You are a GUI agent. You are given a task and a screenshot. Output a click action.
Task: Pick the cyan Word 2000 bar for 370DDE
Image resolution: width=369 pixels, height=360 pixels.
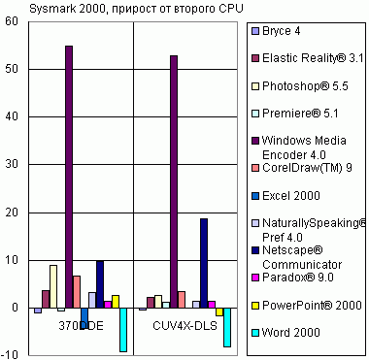click(123, 329)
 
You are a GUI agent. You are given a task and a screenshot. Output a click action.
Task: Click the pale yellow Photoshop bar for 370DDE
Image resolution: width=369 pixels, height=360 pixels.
click(53, 287)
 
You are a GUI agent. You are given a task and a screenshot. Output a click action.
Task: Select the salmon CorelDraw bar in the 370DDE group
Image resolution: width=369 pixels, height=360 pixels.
click(77, 292)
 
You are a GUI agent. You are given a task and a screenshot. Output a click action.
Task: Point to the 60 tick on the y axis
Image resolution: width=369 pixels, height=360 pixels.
click(13, 21)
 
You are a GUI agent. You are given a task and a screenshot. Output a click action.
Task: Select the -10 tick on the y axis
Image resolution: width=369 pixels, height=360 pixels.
click(11, 355)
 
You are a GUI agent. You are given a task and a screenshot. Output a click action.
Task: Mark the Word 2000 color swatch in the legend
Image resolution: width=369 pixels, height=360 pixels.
click(255, 331)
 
